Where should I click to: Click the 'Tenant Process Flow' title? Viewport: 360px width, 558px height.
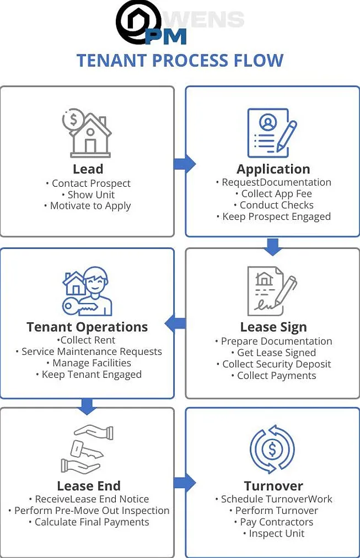click(x=180, y=60)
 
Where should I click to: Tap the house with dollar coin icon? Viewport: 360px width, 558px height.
click(x=87, y=133)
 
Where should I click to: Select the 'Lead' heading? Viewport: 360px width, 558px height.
click(x=88, y=169)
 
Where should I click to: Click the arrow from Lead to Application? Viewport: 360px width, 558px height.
click(x=185, y=164)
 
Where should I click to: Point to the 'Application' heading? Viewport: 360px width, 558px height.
click(x=273, y=169)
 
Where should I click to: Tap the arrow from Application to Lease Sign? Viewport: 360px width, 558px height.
click(x=273, y=247)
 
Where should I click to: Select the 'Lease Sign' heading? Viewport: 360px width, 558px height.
click(x=273, y=327)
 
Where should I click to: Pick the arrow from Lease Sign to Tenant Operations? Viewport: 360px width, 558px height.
click(x=175, y=323)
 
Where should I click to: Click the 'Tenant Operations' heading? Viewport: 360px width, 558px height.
click(x=87, y=327)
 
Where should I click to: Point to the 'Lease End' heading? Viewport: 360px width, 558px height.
click(x=89, y=486)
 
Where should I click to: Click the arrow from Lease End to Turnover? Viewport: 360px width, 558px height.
click(x=185, y=483)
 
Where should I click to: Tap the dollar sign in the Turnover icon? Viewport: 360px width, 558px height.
click(x=272, y=449)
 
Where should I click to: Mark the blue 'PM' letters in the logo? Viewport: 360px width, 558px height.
click(x=166, y=37)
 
